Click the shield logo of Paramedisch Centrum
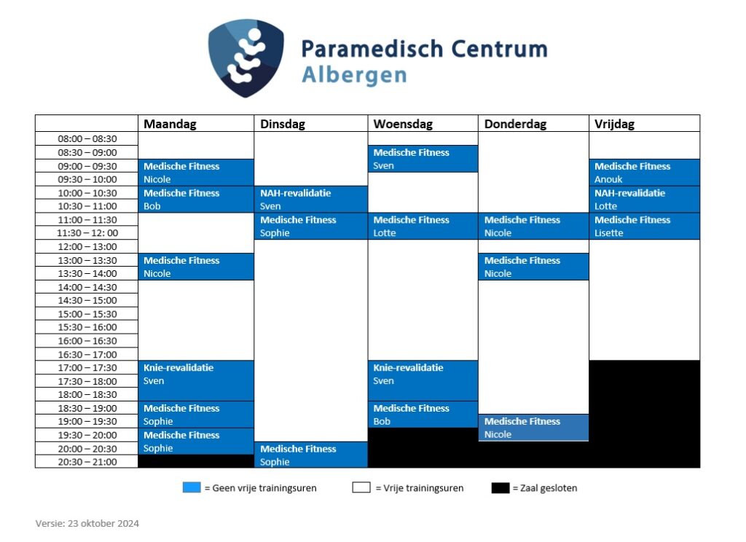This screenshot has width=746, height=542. pos(246,58)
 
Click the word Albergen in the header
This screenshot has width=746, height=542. pos(355,76)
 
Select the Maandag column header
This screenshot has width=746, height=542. pos(170,124)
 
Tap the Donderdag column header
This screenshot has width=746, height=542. pos(515,124)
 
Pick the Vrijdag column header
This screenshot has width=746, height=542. pos(614,124)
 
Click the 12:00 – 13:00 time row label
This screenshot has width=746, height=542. pos(87,246)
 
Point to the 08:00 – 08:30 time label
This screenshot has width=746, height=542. pos(87,139)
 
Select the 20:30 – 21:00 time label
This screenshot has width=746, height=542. pos(87,462)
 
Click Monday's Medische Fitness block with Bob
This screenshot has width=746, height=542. pos(196,200)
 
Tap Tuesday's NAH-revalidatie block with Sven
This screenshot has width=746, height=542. pos(311,200)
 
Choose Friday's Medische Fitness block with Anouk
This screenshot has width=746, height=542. pos(645,173)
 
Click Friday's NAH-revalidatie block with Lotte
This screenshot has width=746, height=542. pos(645,200)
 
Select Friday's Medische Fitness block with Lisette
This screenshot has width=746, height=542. pos(645,226)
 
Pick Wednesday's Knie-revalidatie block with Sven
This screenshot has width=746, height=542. pos(423,381)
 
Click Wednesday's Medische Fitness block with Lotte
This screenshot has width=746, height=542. pos(423,226)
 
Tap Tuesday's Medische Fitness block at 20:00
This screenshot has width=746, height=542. pos(311,455)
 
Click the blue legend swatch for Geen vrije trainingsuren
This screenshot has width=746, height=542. pos(192,488)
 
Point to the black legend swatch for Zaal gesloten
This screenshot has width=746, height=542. pos(500,488)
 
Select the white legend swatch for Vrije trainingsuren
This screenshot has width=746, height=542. pos(361,488)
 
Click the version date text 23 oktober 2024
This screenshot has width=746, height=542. pos(103,524)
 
